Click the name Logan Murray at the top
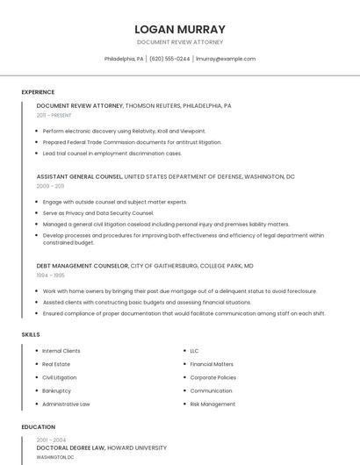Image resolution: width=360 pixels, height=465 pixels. click(x=180, y=29)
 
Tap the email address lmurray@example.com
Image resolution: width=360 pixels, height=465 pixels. click(x=226, y=59)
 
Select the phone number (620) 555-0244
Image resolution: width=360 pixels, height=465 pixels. click(x=169, y=59)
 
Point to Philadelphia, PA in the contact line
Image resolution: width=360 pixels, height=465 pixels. click(x=123, y=59)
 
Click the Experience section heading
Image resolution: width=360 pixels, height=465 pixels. click(x=38, y=92)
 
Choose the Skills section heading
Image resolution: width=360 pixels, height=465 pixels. click(x=30, y=334)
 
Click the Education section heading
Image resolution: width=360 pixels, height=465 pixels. click(x=38, y=427)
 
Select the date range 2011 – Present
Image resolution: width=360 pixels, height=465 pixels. click(x=54, y=115)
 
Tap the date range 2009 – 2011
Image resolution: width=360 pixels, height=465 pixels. click(x=50, y=186)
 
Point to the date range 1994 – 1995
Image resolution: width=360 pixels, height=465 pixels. click(x=50, y=275)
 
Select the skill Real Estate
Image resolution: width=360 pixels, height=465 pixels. click(x=56, y=364)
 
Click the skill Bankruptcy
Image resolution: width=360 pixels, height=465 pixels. click(x=56, y=390)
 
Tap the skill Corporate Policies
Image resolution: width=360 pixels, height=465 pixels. click(x=213, y=377)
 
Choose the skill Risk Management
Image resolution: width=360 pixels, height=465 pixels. click(x=212, y=404)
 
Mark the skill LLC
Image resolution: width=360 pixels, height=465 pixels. click(x=194, y=351)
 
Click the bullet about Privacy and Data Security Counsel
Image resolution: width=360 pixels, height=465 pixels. click(x=98, y=213)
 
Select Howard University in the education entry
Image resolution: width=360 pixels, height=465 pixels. click(x=143, y=447)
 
